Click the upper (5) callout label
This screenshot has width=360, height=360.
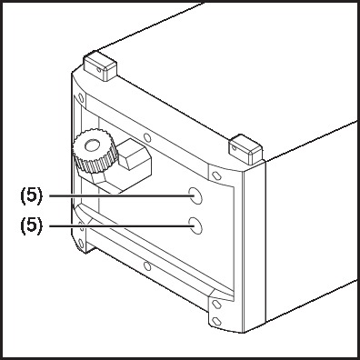pyautogui.click(x=32, y=196)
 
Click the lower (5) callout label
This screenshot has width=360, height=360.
pyautogui.click(x=32, y=225)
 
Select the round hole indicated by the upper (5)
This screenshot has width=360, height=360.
pyautogui.click(x=195, y=195)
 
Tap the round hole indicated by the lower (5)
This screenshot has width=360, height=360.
pyautogui.click(x=195, y=225)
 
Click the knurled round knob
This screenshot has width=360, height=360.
pyautogui.click(x=94, y=151)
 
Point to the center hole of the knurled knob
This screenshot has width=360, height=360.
pyautogui.click(x=93, y=145)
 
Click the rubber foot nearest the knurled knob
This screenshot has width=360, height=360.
pyautogui.click(x=100, y=65)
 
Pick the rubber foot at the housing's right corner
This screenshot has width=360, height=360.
pyautogui.click(x=245, y=149)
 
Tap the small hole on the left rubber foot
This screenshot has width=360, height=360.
pyautogui.click(x=99, y=70)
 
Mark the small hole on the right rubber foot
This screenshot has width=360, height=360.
pyautogui.click(x=234, y=148)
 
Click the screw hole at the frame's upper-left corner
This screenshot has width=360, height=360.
pyautogui.click(x=81, y=98)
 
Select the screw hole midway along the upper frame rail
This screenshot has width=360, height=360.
pyautogui.click(x=147, y=137)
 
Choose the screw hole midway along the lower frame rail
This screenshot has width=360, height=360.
pyautogui.click(x=147, y=266)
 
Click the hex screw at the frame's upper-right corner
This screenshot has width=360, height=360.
pyautogui.click(x=216, y=175)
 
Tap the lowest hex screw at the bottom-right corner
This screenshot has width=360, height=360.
pyautogui.click(x=216, y=321)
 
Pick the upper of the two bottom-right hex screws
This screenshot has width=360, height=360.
pyautogui.click(x=216, y=304)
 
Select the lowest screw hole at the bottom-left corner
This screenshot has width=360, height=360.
pyautogui.click(x=81, y=243)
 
